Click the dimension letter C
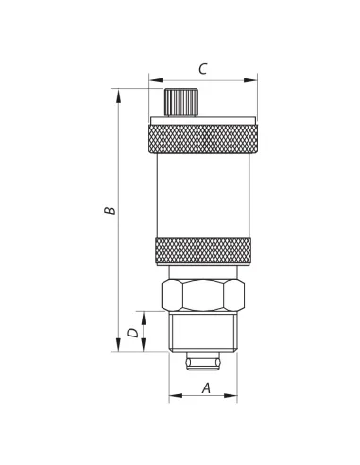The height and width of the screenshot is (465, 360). (x=203, y=69)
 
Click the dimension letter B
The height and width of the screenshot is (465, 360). (x=110, y=210)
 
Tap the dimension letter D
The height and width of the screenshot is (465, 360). (x=132, y=333)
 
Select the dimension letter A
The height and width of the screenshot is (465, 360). (x=206, y=387)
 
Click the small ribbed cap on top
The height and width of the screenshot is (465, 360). (x=180, y=102)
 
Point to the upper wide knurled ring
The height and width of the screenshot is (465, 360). (x=203, y=139)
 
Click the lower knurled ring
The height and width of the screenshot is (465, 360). (x=203, y=251)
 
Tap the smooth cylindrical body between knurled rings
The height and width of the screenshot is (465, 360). (x=203, y=196)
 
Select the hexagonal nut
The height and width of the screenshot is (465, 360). (x=203, y=295)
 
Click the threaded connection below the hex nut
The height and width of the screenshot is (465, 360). (x=203, y=332)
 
